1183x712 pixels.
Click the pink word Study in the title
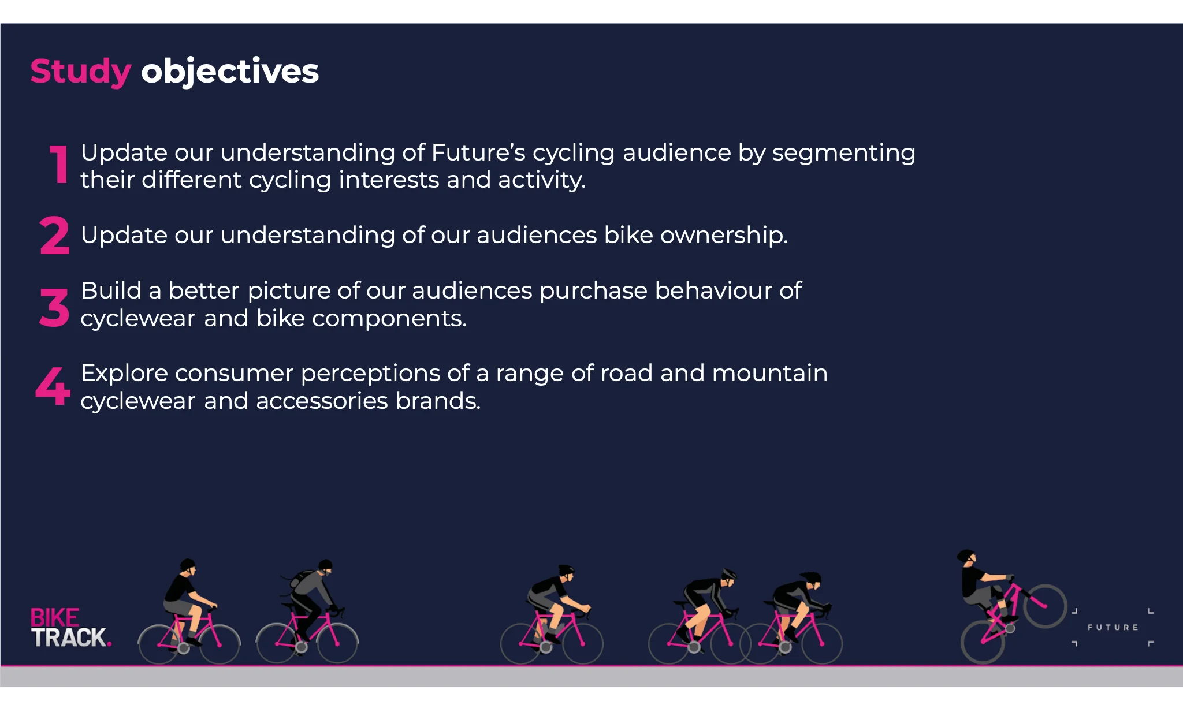81,72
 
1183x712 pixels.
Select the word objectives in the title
230,72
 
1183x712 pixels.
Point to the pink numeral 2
55,235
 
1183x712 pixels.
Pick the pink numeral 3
54,307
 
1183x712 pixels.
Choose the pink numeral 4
53,385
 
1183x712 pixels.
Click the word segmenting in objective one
843,154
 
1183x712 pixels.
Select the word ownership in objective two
724,235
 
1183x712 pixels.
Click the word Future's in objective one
478,152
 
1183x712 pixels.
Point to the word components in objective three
389,319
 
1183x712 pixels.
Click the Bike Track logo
70,628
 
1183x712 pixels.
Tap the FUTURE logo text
1113,627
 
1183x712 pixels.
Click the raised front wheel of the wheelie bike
1045,606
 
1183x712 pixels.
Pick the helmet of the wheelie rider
965,556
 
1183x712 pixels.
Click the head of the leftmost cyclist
188,566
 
